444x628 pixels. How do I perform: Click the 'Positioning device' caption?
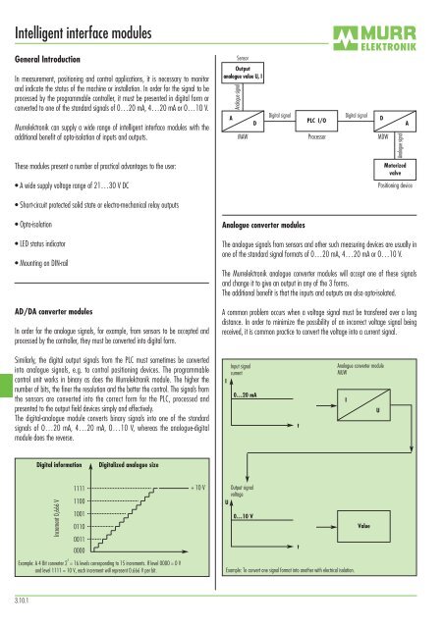[x=400, y=183]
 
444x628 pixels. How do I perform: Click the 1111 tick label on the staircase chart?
[x=83, y=486]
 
